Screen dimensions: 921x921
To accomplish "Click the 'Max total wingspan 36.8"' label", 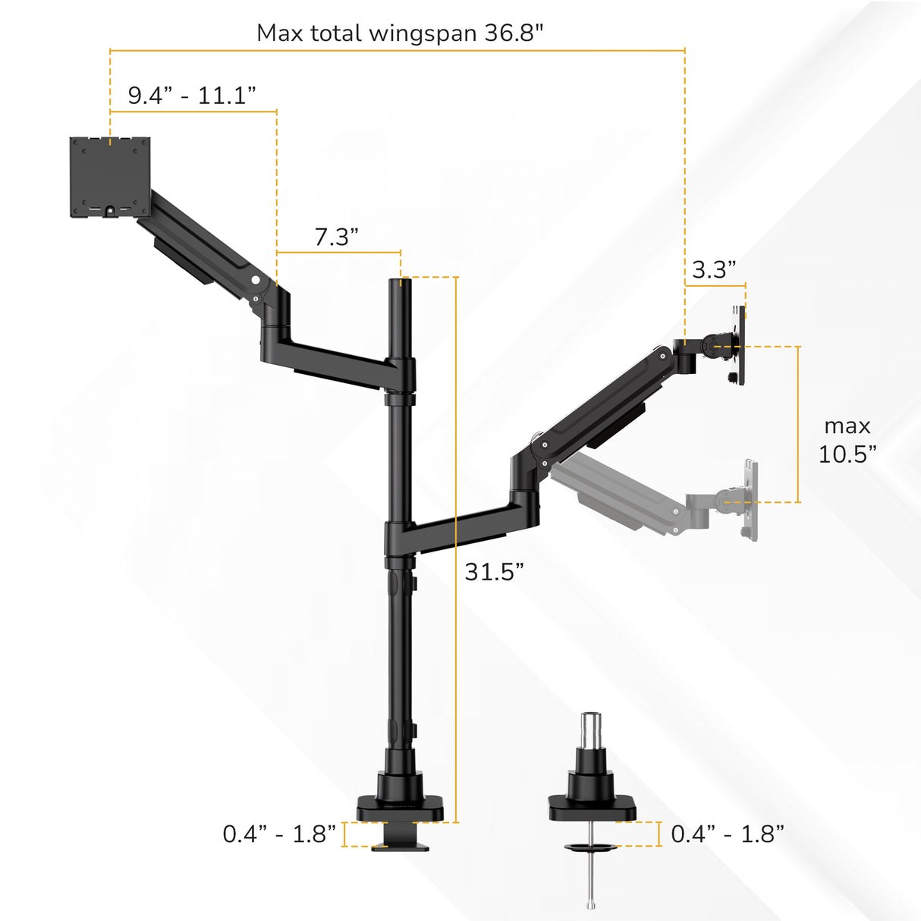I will pyautogui.click(x=400, y=33).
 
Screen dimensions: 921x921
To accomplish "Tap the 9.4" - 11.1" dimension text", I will pyautogui.click(x=192, y=96).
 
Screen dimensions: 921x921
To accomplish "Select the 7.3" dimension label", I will pyautogui.click(x=336, y=237).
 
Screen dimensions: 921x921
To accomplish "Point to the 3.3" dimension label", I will pyautogui.click(x=714, y=269).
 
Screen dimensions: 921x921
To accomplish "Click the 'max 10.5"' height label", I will pyautogui.click(x=847, y=440).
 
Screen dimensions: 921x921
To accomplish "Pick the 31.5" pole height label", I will pyautogui.click(x=494, y=571).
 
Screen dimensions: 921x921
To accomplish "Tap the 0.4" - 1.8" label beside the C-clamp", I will pyautogui.click(x=279, y=834).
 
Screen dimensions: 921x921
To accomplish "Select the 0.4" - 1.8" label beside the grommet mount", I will pyautogui.click(x=728, y=834).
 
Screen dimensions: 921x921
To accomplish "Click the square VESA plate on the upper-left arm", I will pyautogui.click(x=110, y=177).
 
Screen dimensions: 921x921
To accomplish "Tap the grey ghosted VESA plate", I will pyautogui.click(x=750, y=500).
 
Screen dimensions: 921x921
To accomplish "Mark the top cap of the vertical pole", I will pyautogui.click(x=401, y=283).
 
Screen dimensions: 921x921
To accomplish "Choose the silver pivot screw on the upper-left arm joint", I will pyautogui.click(x=256, y=280).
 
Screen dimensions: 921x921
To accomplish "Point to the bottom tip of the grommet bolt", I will pyautogui.click(x=590, y=904).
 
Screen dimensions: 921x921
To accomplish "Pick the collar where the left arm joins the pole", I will pyautogui.click(x=401, y=373).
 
